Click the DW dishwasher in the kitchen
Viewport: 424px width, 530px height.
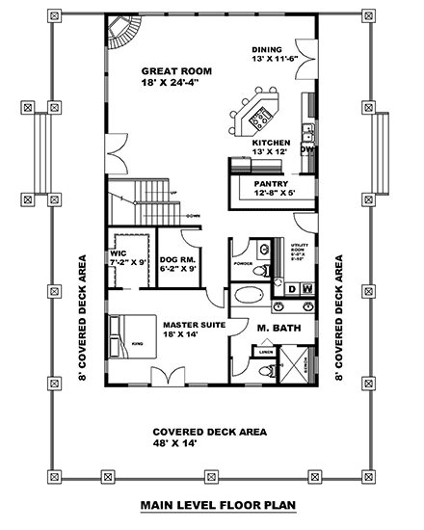click(307, 150)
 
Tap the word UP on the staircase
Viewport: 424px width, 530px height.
click(173, 194)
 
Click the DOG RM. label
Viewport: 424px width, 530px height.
click(178, 257)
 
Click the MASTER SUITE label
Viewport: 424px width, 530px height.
click(194, 325)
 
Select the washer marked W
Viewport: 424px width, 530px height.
click(307, 288)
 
